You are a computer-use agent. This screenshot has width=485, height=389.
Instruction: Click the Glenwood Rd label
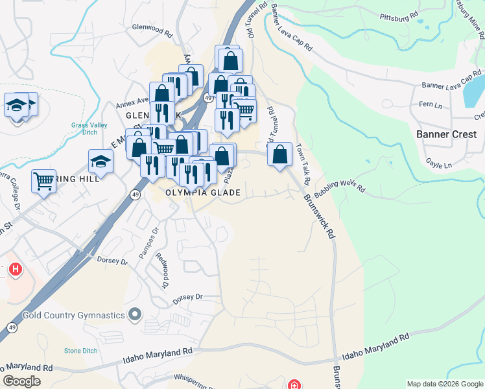click(152, 31)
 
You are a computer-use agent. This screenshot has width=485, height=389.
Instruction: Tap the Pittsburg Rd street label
click(399, 18)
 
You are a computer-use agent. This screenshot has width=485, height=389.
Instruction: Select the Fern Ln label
click(430, 104)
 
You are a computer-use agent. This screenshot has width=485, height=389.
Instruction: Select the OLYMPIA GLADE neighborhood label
click(203, 193)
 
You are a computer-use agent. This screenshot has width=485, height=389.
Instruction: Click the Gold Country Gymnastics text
click(73, 316)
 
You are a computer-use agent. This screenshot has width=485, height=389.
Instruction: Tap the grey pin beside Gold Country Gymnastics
click(134, 316)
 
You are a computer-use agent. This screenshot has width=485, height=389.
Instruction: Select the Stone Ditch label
click(82, 351)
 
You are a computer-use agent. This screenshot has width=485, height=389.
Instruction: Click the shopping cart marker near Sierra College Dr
click(43, 181)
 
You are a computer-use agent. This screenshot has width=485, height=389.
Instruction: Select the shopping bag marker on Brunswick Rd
click(279, 156)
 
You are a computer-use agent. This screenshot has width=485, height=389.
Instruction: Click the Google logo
click(21, 381)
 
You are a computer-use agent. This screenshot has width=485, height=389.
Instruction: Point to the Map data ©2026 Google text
click(445, 384)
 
